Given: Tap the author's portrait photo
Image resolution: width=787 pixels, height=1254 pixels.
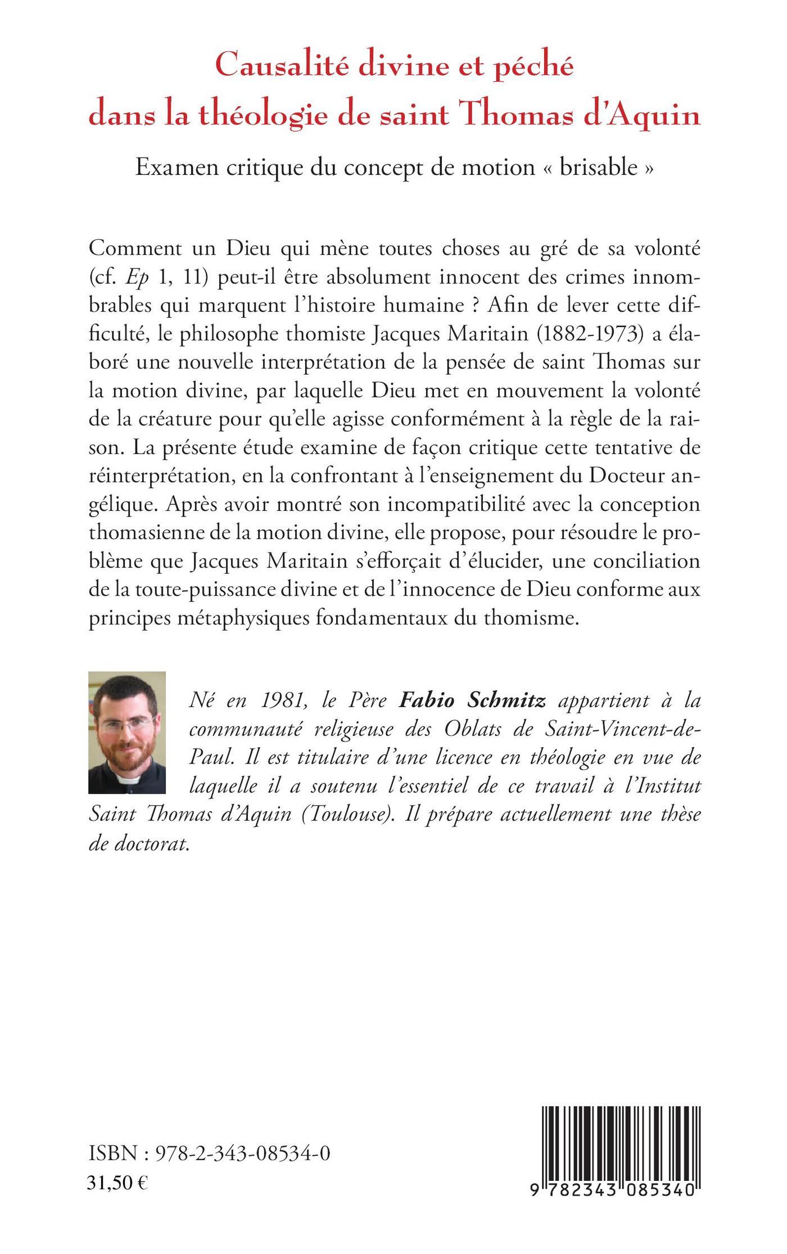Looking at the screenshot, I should (x=127, y=732).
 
